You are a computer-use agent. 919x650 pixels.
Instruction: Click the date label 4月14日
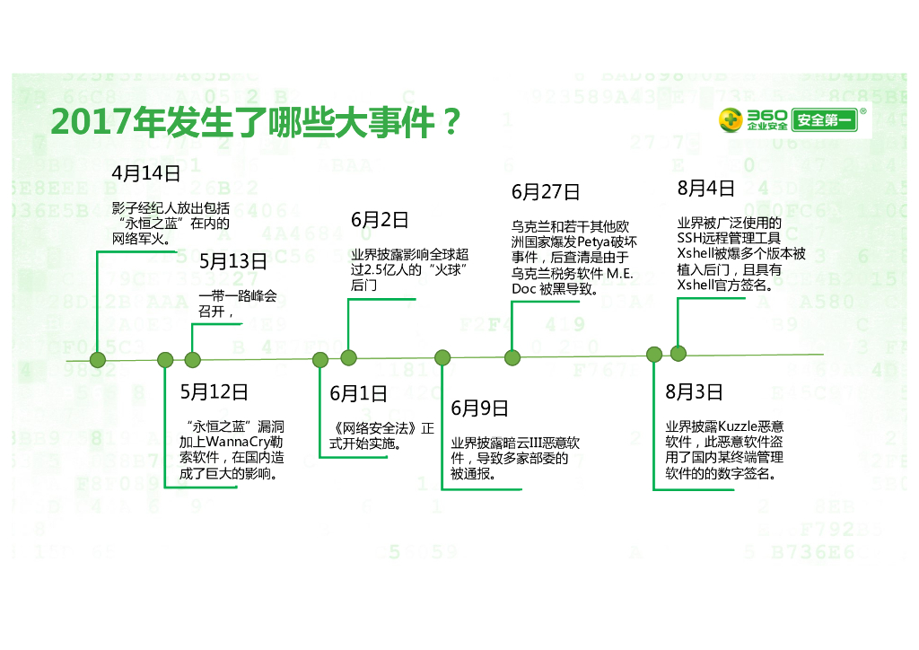click(146, 173)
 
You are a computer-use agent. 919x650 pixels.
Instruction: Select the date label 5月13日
click(233, 261)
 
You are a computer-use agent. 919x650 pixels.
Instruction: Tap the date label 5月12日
click(214, 392)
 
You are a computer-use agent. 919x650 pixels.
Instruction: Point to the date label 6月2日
click(380, 220)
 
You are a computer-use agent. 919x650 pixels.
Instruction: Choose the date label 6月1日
click(358, 393)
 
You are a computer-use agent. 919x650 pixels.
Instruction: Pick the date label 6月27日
click(546, 192)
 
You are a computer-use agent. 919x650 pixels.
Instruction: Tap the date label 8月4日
click(706, 189)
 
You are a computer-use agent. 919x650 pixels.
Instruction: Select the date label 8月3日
click(694, 392)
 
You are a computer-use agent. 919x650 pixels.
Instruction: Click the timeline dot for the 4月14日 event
click(98, 360)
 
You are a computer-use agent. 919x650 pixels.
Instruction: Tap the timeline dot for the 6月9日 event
click(442, 357)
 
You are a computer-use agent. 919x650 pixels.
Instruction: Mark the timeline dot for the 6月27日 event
click(512, 357)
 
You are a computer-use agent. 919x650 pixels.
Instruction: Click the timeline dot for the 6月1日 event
click(320, 360)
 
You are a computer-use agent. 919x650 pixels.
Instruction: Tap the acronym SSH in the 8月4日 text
click(691, 239)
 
